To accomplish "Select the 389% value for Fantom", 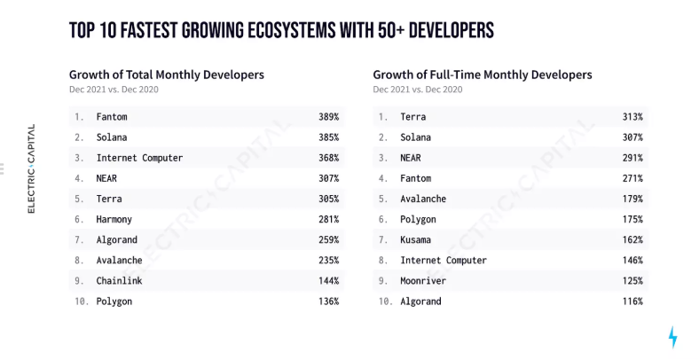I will [x=328, y=117].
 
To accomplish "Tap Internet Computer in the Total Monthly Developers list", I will [x=139, y=158].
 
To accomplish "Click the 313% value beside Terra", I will [x=632, y=117].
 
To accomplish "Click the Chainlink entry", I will [x=120, y=281].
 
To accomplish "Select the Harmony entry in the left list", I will [x=116, y=220].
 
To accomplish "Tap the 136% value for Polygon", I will [x=328, y=301].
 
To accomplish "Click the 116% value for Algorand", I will [x=632, y=301].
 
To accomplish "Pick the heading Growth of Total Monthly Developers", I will [x=166, y=74].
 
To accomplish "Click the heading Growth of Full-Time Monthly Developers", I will [x=482, y=74].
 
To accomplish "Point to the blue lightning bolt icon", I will [x=672, y=337].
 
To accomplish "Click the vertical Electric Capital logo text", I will [x=32, y=168].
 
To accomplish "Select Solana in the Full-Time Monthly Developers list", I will [x=418, y=137].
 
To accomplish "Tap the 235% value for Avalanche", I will [x=328, y=261].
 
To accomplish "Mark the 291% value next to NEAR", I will [x=632, y=158].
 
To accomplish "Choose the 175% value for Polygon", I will [x=632, y=220].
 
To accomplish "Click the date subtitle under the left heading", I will [x=113, y=90].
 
